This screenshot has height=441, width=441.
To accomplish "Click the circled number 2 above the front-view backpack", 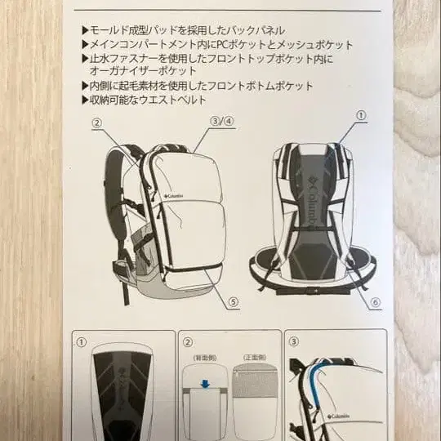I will coord(96,124).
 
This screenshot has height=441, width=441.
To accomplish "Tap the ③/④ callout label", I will coord(222,122).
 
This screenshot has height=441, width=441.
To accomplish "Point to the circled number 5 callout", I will coord(234,302).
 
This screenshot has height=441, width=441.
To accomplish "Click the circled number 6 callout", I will coord(375,302).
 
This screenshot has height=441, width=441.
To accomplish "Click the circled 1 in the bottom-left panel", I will coord(82,341).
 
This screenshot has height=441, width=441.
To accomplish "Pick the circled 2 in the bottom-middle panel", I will coord(188,341).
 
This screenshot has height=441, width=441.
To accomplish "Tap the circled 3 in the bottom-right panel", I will coord(294,341).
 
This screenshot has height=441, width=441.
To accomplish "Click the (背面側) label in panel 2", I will coord(203,358).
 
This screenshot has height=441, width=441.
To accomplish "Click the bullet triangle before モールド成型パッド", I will coord(86,29).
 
